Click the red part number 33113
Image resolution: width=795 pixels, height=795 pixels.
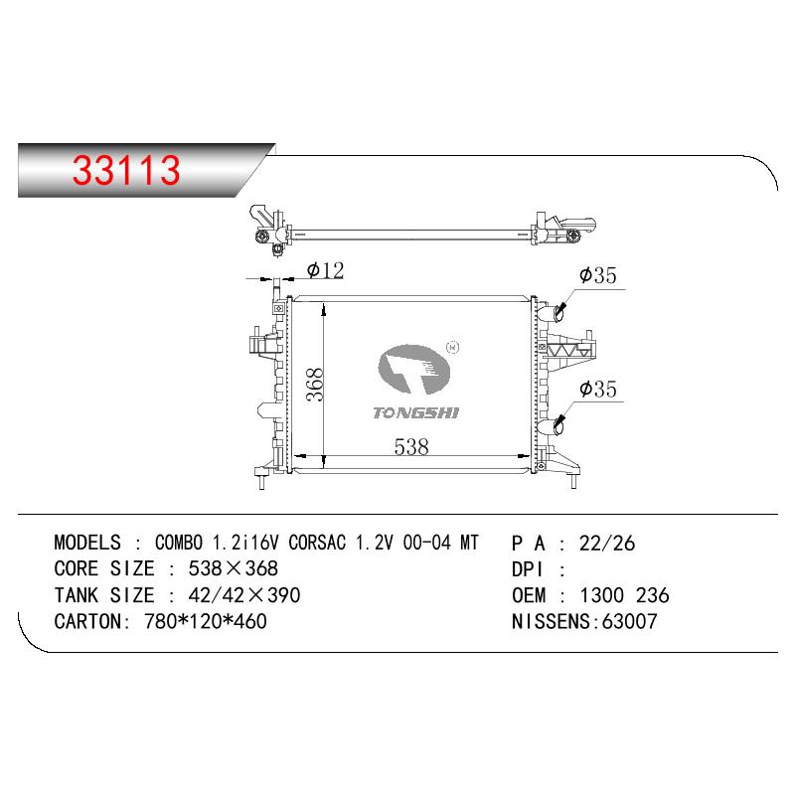126,170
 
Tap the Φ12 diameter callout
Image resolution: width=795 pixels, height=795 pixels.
326,270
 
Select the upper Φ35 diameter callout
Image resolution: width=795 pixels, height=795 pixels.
598,275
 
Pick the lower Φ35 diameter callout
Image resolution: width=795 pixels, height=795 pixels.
598,389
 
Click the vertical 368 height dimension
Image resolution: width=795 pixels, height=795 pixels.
315,385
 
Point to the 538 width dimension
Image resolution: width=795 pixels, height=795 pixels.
411,446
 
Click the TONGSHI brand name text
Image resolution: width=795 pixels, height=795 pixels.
415,413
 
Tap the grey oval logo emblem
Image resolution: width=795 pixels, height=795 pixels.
414,369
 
